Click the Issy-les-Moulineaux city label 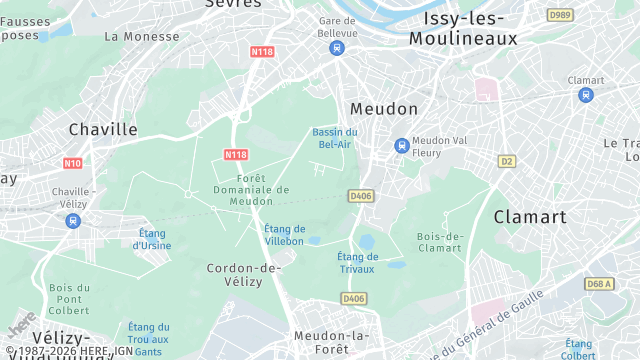point(463,29)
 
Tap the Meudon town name point(383,108)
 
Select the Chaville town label point(103,129)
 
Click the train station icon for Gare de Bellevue point(337,47)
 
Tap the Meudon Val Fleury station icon point(402,145)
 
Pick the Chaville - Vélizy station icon point(72,221)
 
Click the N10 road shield point(72,163)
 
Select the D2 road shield point(507,161)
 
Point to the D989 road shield point(560,15)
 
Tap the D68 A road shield point(599,284)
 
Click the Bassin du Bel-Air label point(334,138)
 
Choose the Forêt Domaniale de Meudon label point(251,190)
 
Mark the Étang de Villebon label point(284,235)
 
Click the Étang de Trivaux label point(357,262)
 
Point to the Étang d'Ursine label point(152,239)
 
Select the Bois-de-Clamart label point(440,242)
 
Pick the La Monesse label point(141,36)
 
